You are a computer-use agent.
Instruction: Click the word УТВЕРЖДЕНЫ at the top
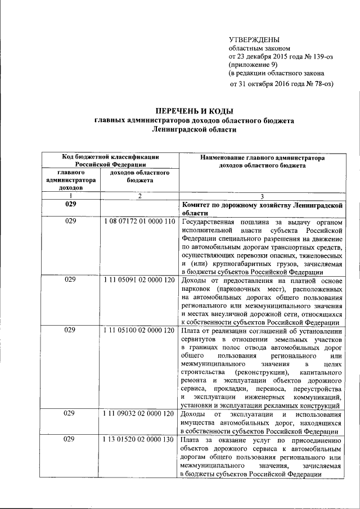tap(254, 39)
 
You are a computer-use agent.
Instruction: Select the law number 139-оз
tap(313, 57)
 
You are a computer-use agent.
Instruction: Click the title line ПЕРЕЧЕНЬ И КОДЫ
tap(194, 111)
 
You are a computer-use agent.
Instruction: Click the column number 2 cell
tap(139, 195)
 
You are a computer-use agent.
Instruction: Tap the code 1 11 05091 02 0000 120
tap(139, 278)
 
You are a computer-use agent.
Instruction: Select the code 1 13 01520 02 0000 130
tap(139, 440)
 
